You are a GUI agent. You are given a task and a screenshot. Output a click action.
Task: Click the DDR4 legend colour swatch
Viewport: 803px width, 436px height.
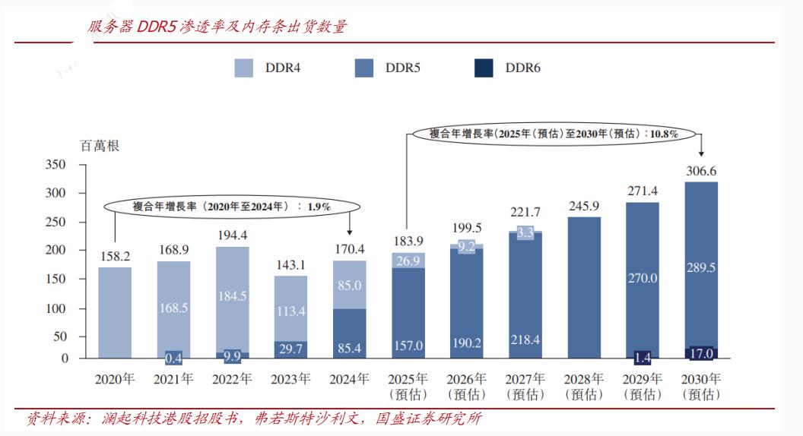(x=244, y=68)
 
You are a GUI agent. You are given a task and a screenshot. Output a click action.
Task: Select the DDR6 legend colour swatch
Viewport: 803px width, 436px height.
(x=484, y=68)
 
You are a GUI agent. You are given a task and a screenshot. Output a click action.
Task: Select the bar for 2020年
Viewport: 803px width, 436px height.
(x=115, y=311)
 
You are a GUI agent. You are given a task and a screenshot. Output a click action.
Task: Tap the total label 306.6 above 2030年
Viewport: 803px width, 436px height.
(x=701, y=171)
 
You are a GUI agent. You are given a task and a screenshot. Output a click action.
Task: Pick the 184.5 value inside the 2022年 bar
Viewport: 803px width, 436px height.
(x=232, y=295)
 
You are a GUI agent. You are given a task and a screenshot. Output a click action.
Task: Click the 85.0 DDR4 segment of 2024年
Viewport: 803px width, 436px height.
(x=349, y=286)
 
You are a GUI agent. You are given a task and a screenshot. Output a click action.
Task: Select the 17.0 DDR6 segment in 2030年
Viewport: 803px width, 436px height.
(x=701, y=353)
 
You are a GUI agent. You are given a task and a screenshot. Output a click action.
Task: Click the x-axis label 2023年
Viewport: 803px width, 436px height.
(x=290, y=378)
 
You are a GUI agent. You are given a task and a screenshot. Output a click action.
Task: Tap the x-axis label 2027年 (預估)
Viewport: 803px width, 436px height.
(x=525, y=386)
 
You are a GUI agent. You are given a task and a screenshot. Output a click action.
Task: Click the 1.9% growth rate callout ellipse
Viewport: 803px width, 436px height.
(x=231, y=206)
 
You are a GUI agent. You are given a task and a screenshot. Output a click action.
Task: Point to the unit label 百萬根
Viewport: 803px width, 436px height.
(x=100, y=146)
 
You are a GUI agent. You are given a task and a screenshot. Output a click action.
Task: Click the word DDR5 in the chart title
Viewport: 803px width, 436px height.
(x=157, y=27)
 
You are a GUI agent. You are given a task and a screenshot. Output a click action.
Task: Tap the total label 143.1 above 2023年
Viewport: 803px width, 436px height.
(x=290, y=265)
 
